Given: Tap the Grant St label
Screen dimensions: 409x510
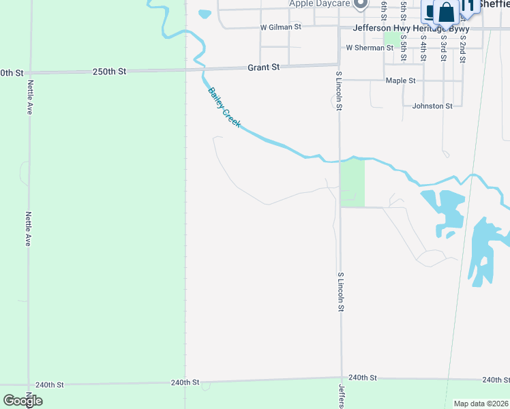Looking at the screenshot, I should click(x=263, y=67).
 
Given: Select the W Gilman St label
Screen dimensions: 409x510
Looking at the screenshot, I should click(x=280, y=27).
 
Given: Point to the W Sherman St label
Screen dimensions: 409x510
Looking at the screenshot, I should click(x=370, y=48).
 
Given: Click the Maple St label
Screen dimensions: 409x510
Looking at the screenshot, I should click(x=400, y=80).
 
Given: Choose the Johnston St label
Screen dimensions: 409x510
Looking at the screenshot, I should click(x=432, y=106).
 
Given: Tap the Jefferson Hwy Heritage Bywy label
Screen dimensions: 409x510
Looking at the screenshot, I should click(x=411, y=28).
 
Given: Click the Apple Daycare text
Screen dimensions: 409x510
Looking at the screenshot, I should click(x=319, y=3).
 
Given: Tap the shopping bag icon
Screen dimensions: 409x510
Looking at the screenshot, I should click(x=447, y=13).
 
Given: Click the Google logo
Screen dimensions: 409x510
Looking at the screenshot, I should click(x=22, y=401).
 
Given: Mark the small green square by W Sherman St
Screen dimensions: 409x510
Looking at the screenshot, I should click(x=391, y=38).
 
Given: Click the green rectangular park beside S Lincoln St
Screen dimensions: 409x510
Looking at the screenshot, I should click(x=352, y=183).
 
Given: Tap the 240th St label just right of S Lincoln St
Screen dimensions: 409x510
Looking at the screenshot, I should click(x=363, y=377).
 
